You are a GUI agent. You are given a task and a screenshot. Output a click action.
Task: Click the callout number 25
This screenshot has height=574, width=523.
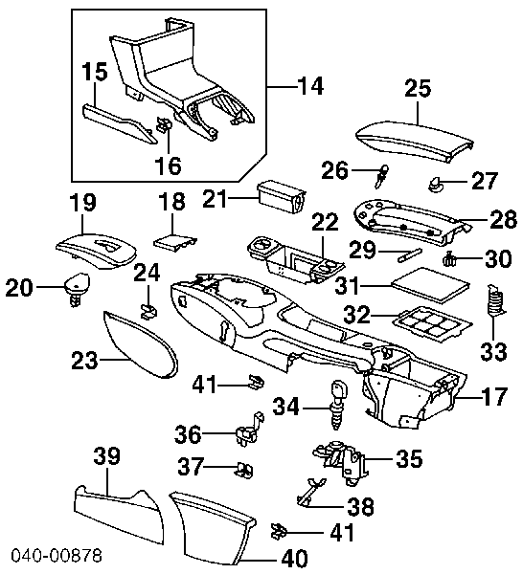pyautogui.click(x=418, y=88)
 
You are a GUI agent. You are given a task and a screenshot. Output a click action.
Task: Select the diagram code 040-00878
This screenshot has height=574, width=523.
pyautogui.click(x=57, y=555)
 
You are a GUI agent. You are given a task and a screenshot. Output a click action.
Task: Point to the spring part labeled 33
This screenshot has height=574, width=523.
pyautogui.click(x=495, y=299)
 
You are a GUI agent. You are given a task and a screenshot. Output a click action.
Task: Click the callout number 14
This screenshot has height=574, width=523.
pyautogui.click(x=310, y=86)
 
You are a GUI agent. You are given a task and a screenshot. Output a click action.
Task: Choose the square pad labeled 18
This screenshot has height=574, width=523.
pyautogui.click(x=174, y=242)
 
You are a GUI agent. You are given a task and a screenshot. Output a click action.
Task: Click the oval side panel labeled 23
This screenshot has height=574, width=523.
pyautogui.click(x=141, y=344)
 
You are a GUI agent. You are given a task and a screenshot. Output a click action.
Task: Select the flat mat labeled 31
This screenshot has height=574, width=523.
pyautogui.click(x=430, y=285)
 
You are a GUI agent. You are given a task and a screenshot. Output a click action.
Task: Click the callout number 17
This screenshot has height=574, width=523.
pyautogui.click(x=494, y=396)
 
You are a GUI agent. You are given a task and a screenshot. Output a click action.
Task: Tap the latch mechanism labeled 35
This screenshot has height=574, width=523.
pyautogui.click(x=341, y=463)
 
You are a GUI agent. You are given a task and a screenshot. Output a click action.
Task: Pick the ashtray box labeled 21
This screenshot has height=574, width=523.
pyautogui.click(x=282, y=196)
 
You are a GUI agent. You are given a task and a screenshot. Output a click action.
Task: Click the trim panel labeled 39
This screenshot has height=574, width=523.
pyautogui.click(x=119, y=516)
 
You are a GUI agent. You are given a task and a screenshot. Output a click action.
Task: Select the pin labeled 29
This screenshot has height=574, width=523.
pyautogui.click(x=409, y=254)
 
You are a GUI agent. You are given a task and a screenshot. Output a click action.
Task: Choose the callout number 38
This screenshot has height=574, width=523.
pyautogui.click(x=360, y=506)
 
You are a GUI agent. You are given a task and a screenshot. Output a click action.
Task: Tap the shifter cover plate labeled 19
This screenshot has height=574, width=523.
pyautogui.click(x=97, y=252)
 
